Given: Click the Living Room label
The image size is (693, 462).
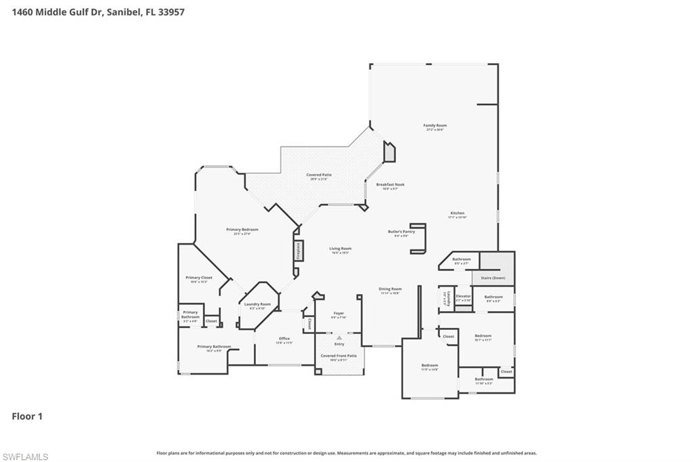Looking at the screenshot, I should tap(340, 249).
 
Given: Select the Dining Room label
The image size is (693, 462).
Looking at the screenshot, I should tap(390, 290).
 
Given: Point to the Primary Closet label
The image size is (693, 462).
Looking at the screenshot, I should tap(199, 278).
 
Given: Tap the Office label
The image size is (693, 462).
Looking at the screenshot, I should tap(284, 340).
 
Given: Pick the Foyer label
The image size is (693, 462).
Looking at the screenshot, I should tap(338, 314).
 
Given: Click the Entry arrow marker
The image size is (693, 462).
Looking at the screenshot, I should tap(339, 337).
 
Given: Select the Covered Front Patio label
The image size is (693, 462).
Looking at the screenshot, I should tap(338, 356).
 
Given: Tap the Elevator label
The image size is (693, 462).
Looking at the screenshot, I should tap(463, 297).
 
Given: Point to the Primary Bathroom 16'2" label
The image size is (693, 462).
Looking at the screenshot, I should tap(214, 348).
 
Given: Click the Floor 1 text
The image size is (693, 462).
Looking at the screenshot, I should tap(27, 417).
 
